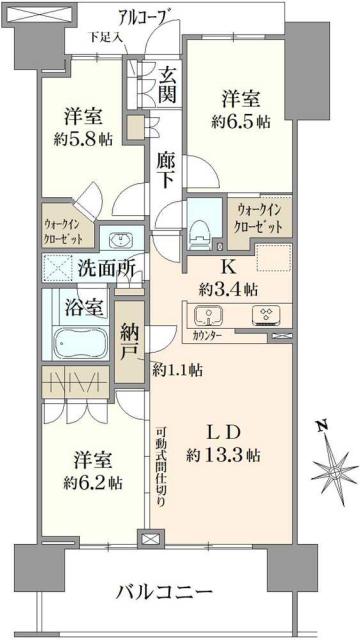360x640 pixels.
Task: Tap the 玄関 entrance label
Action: point(168,87)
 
